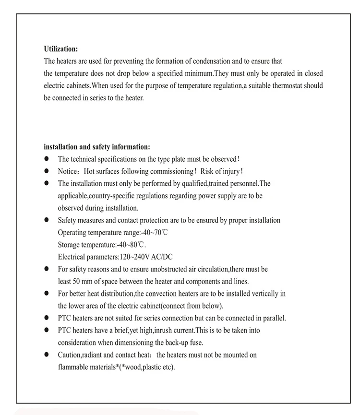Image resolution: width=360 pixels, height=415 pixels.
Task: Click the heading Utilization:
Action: click(60, 49)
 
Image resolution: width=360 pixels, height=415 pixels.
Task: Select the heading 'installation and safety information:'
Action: click(97, 147)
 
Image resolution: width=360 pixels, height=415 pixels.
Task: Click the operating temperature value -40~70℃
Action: click(155, 233)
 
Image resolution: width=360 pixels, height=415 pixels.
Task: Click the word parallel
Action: click(273, 318)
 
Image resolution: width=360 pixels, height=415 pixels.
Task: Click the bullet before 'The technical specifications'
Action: click(47, 159)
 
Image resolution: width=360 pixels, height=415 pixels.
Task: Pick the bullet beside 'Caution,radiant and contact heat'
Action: click(47, 355)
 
